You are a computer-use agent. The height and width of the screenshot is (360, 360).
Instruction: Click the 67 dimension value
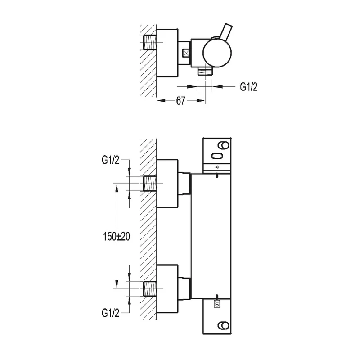181,101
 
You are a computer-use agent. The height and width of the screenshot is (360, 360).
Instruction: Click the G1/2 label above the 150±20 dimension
111,160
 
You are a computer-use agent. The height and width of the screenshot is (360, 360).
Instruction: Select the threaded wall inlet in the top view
150,44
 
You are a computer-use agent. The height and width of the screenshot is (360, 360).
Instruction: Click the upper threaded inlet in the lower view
150,184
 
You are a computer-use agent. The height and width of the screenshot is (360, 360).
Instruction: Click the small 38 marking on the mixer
217,167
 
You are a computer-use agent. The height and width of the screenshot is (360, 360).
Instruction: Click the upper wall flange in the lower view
167,184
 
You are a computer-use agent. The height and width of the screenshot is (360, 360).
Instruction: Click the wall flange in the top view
167,53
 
